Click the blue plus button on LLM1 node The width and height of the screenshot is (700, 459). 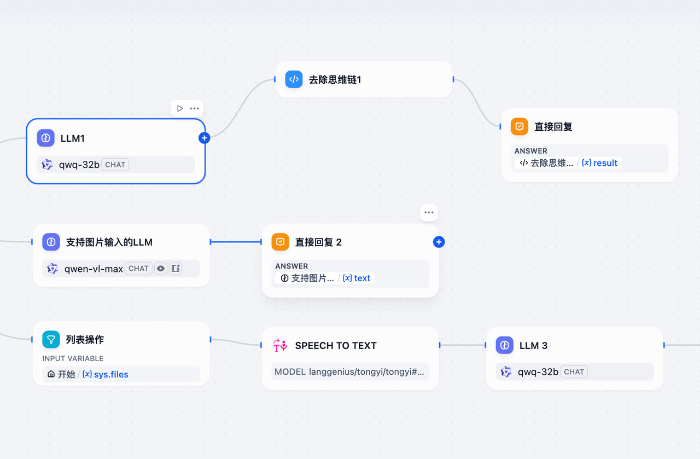coord(204,138)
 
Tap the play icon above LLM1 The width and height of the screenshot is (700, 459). coord(180,108)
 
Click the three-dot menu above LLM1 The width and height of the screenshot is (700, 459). coord(194,108)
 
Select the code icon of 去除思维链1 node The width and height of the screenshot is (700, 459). coord(294,79)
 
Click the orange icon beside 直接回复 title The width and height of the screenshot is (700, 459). coord(520,126)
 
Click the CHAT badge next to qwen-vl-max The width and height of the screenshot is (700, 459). coord(138,269)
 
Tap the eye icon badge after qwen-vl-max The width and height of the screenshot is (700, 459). coord(160,269)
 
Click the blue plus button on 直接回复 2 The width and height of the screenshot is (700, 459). coord(439,242)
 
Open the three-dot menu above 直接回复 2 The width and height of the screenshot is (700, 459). coord(429,212)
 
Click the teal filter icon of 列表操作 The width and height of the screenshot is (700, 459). coord(51,340)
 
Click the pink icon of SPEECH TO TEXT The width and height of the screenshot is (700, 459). coord(280,345)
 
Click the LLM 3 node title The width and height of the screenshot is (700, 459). coord(533,345)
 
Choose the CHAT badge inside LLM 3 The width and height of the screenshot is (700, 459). coord(574,372)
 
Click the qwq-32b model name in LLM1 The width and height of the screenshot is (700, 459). coord(79,165)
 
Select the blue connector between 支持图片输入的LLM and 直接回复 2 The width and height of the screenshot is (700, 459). coord(236,242)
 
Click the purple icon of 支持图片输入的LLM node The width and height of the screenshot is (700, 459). coord(51,242)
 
